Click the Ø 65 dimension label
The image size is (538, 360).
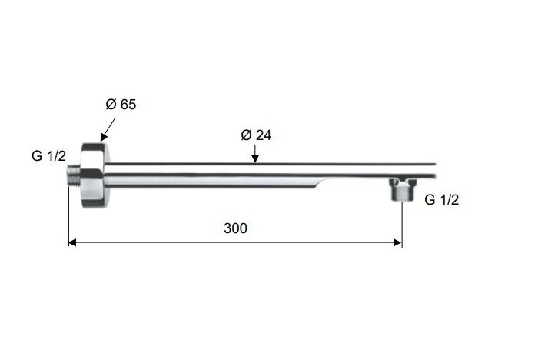pyautogui.click(x=121, y=104)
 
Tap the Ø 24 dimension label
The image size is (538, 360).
pyautogui.click(x=256, y=135)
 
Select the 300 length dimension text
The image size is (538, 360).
pyautogui.click(x=235, y=228)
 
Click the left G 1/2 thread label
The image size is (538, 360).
pyautogui.click(x=48, y=156)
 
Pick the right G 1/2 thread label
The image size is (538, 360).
pyautogui.click(x=442, y=199)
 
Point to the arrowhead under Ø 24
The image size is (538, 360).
pyautogui.click(x=255, y=158)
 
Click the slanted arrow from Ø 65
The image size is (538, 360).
pyautogui.click(x=108, y=129)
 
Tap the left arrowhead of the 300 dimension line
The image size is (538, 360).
pyautogui.click(x=72, y=242)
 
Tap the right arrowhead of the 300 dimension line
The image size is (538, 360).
pyautogui.click(x=398, y=242)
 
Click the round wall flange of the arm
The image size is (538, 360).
pyautogui.click(x=94, y=175)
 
